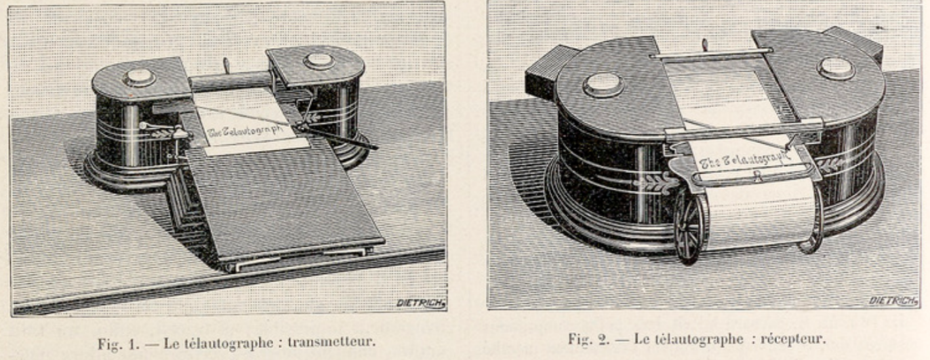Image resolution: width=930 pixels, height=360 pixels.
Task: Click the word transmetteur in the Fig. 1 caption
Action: pos(331,342)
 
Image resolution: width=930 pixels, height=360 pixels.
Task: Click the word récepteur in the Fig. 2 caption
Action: pos(793,339)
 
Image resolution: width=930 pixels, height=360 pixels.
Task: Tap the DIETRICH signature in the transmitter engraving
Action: pos(421,303)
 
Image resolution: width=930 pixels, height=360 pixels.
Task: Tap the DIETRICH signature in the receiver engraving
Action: pos(893,300)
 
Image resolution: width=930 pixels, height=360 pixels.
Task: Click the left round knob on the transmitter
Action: pos(139,78)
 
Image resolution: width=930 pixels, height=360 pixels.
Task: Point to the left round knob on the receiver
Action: pos(603,85)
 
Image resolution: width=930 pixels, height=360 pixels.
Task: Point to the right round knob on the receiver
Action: pos(836,68)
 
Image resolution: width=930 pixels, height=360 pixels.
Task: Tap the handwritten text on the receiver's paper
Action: pos(744,159)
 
